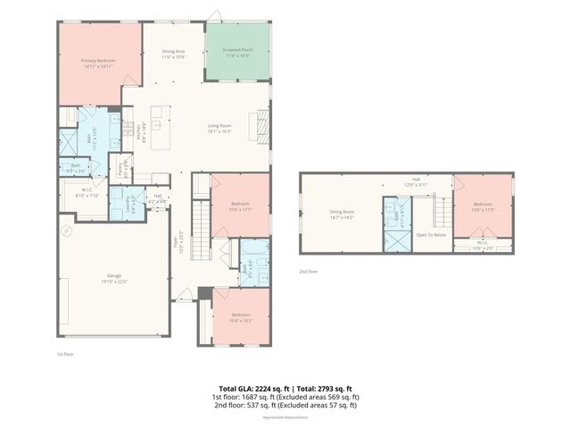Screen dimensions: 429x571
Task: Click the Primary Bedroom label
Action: [99, 63]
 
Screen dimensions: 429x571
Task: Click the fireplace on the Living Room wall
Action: [263, 120]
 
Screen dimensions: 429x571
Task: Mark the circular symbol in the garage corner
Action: [64, 231]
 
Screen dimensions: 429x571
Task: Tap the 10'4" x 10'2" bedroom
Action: [241, 316]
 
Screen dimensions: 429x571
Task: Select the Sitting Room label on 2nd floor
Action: [342, 215]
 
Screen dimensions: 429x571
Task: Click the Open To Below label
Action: [430, 234]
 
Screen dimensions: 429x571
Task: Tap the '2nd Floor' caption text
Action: [308, 270]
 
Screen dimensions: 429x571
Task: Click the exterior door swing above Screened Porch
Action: [214, 15]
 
